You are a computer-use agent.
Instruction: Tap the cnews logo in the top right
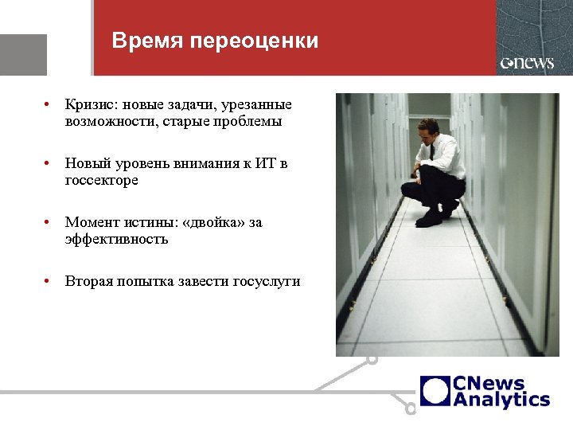(527, 63)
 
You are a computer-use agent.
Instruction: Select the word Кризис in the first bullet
(90, 104)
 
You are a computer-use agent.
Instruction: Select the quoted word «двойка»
(214, 222)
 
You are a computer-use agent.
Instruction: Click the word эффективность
(116, 239)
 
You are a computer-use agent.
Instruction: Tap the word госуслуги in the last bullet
(267, 281)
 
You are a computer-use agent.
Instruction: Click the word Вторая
(88, 281)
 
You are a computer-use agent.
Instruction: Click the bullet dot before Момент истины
(49, 222)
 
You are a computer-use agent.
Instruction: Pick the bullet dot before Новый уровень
(49, 163)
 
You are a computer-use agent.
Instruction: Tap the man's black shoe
(431, 217)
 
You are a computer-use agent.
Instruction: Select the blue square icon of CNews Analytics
(435, 391)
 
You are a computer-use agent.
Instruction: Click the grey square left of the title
(23, 54)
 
